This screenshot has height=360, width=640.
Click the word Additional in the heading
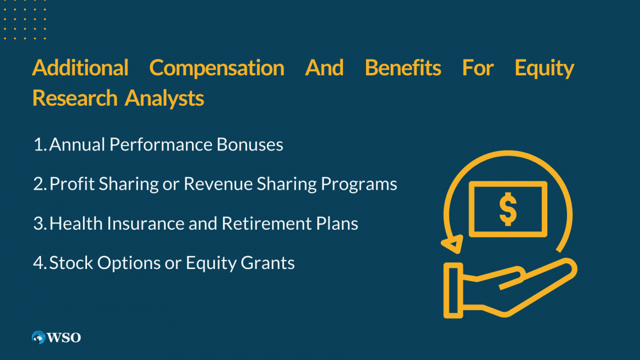pos(80,68)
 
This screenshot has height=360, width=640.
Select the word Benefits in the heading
pos(403,68)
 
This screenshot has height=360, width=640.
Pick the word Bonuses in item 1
pos(250,144)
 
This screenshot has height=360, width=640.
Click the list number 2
pos(40,184)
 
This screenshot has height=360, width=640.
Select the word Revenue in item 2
pos(218,184)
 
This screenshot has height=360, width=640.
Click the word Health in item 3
pos(76,224)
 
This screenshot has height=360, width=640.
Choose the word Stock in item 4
pos(71,263)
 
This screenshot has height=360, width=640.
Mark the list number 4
pos(40,263)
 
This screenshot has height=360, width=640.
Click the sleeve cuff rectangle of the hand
pos(454,290)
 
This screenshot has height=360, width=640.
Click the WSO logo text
pos(63,338)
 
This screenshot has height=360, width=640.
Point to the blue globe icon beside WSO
pos(39,338)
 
